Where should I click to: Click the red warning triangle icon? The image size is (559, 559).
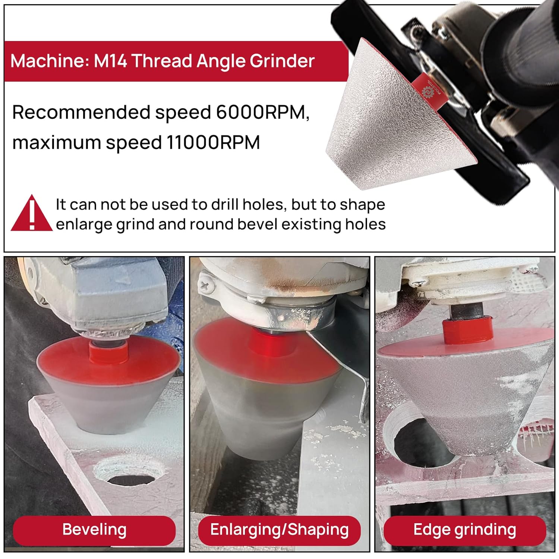[x=32, y=213]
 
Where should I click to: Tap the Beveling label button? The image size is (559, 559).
[x=94, y=530]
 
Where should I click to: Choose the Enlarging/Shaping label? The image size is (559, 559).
[x=279, y=530]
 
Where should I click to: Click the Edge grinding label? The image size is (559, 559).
[x=465, y=530]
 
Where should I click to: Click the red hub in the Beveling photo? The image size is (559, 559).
[x=108, y=352]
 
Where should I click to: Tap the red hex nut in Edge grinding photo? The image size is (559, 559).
[x=467, y=329]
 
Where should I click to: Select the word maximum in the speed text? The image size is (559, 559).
[x=56, y=143]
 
